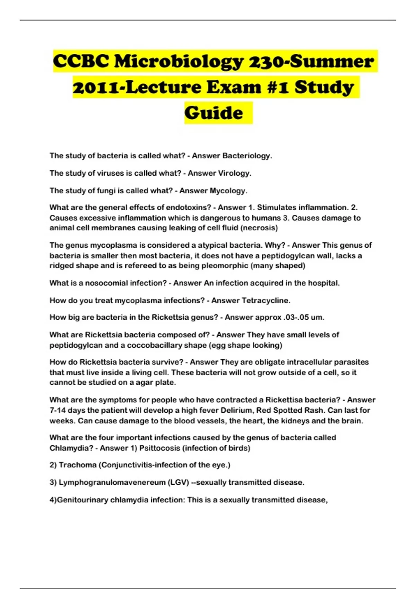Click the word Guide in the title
pos(214,113)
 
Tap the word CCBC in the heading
pos(80,61)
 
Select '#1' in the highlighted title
pos(278,87)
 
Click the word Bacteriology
pos(247,156)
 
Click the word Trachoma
pos(78,465)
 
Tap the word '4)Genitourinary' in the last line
pos(79,500)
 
